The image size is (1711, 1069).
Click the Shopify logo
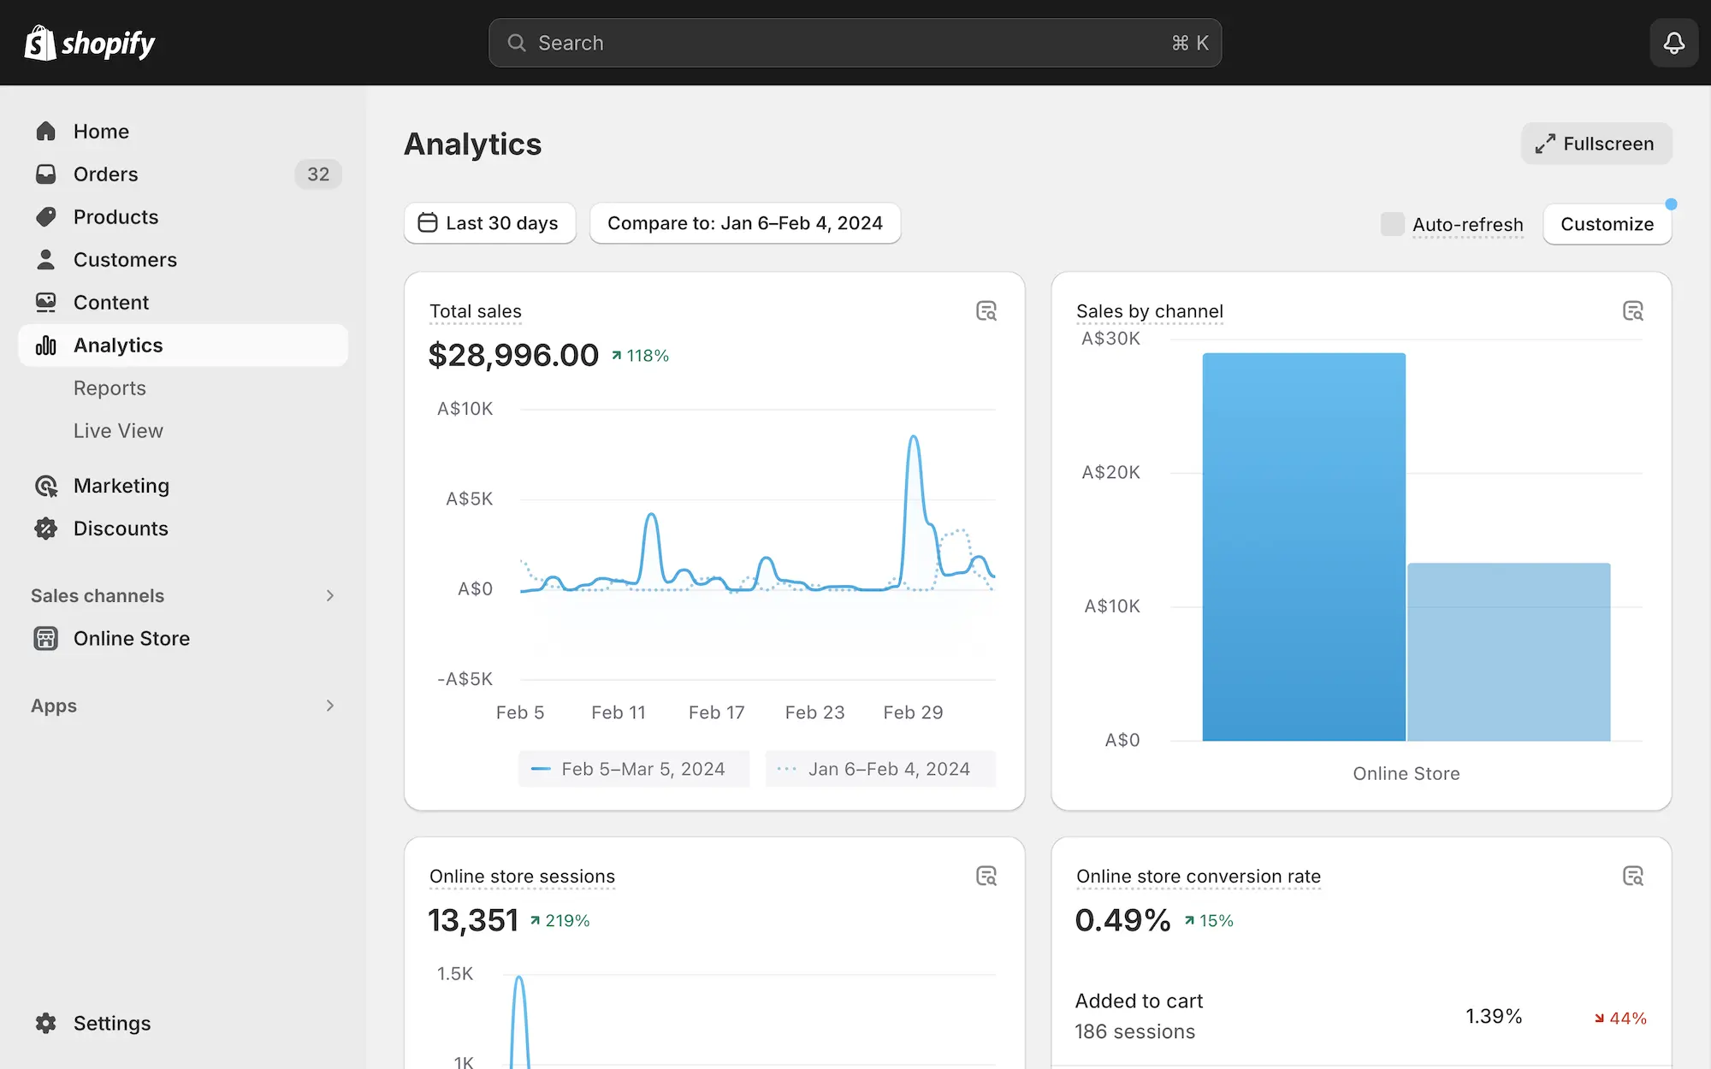point(90,43)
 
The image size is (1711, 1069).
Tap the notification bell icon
point(1673,43)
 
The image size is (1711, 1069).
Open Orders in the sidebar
point(105,174)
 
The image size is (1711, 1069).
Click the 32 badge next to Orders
point(318,174)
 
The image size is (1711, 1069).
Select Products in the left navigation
point(115,217)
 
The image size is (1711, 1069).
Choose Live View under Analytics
point(118,431)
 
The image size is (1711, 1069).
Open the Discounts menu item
point(121,529)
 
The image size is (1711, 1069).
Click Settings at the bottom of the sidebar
point(111,1024)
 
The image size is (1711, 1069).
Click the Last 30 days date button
point(489,223)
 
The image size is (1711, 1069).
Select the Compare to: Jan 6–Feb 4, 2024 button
point(744,223)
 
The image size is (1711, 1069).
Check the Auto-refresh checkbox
point(1393,224)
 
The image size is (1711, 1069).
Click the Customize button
point(1607,224)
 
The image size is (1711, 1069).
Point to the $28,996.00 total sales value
point(513,355)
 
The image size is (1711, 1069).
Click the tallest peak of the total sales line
point(914,438)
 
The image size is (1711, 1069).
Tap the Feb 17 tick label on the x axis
point(717,712)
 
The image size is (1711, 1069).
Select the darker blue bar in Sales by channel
point(1303,547)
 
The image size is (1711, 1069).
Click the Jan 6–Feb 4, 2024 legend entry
point(880,769)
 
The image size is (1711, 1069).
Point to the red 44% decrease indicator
point(1620,1018)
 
